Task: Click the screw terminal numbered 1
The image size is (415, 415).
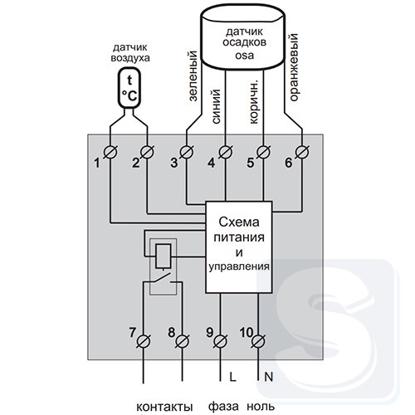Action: [110, 152]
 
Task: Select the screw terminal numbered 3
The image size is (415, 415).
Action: [187, 152]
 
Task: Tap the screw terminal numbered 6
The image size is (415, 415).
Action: [302, 152]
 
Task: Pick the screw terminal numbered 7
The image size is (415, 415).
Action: [144, 341]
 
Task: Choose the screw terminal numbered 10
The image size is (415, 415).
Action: [258, 341]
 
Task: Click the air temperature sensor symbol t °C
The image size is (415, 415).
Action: [129, 88]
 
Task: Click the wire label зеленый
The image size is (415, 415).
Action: [193, 76]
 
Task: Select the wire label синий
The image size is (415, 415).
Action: [216, 106]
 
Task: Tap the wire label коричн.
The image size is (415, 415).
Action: [253, 102]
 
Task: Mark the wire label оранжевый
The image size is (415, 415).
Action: [293, 67]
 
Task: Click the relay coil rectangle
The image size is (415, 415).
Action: [163, 256]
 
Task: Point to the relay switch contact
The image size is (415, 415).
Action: [163, 278]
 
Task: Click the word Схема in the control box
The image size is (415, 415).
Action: [239, 222]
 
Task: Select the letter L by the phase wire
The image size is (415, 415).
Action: [232, 377]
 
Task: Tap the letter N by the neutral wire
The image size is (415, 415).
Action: [268, 377]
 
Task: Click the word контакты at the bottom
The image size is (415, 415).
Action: [164, 407]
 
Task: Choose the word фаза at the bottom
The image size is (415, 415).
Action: [223, 406]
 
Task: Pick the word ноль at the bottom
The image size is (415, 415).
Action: [261, 407]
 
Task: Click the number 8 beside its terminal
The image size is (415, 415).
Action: [172, 332]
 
